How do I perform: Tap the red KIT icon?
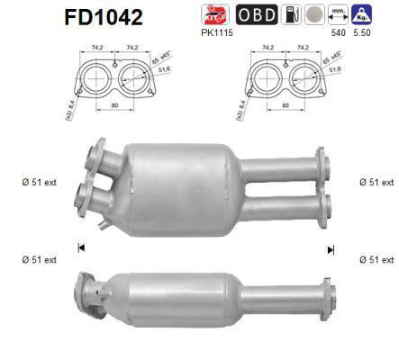217,15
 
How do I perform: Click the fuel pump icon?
289,15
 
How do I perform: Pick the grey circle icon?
313,15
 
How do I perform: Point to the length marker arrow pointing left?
82,247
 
